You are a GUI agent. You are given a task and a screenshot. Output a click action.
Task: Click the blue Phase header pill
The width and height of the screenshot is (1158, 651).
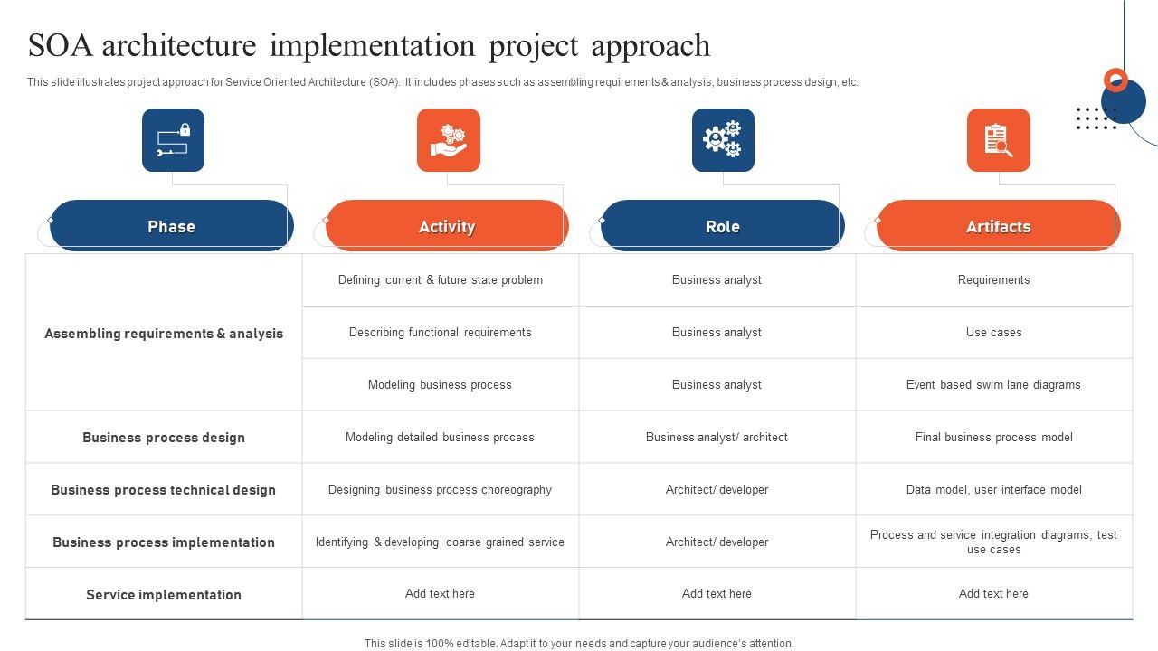tap(171, 226)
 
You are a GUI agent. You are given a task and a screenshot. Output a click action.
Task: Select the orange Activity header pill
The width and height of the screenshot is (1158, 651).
tap(447, 226)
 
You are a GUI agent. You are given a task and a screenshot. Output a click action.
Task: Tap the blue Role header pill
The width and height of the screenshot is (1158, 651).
tap(722, 226)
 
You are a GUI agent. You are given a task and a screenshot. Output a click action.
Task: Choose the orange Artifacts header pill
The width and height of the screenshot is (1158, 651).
tap(998, 226)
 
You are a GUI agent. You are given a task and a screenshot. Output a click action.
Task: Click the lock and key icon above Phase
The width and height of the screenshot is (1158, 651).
tap(173, 140)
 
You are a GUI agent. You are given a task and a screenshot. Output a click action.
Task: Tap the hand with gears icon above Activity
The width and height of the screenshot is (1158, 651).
tap(449, 140)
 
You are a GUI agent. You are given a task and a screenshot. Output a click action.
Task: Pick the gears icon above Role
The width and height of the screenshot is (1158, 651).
tap(723, 140)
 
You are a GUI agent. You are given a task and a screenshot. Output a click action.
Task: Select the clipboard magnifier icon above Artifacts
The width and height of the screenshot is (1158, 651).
tap(998, 140)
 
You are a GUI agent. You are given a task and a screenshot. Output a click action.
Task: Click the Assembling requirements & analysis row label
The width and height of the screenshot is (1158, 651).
tap(164, 334)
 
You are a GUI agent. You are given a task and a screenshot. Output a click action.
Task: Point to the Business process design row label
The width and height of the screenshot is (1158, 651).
tap(164, 438)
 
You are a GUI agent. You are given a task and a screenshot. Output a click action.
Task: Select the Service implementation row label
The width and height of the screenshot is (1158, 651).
tap(164, 595)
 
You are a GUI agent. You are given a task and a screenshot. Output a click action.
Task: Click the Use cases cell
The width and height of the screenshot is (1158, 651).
tap(993, 333)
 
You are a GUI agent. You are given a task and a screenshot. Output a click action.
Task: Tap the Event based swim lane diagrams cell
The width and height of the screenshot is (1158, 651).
tap(993, 385)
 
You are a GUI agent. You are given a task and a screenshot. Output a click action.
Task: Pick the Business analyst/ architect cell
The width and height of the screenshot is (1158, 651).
tap(717, 438)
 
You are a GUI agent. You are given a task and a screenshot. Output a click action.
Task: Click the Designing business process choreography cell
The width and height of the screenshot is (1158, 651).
tap(440, 490)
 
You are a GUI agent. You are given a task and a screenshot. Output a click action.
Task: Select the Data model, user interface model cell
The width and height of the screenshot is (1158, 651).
tap(993, 490)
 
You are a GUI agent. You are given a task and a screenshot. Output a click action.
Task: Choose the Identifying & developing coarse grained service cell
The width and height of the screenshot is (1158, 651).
tap(440, 542)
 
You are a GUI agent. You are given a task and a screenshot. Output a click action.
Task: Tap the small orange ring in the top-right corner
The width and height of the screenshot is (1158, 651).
tap(1116, 80)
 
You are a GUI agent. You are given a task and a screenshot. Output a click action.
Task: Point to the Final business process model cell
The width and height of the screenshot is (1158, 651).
tap(993, 438)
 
